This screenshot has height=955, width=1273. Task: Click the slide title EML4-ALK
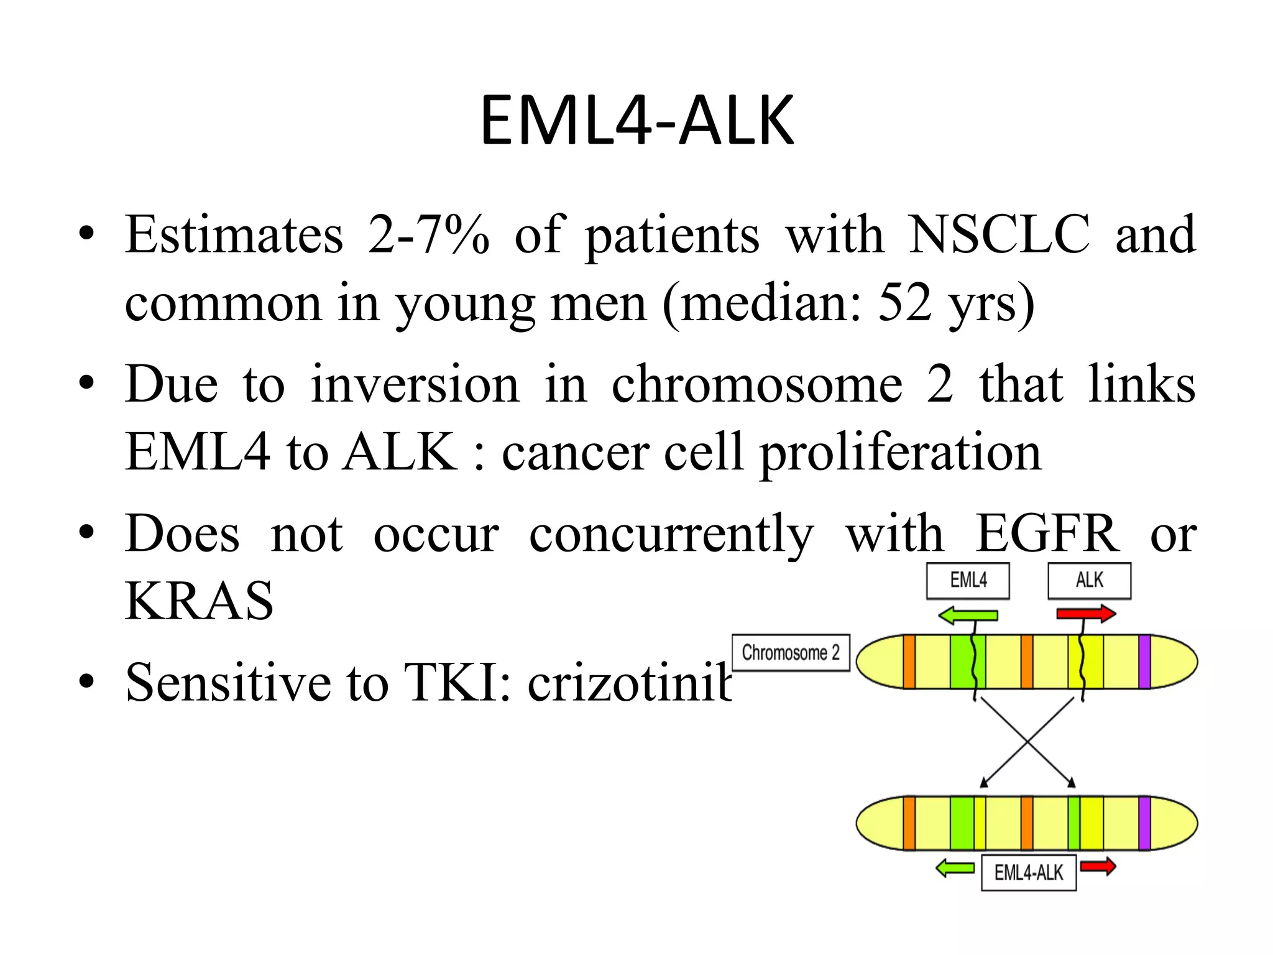[636, 121]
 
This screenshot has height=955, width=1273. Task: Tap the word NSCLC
[999, 235]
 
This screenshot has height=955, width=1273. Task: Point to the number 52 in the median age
[904, 303]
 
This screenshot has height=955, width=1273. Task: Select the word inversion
[415, 385]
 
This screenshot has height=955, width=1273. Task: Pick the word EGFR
[1047, 534]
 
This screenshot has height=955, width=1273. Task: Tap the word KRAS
[199, 601]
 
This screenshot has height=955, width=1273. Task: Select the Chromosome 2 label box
[790, 653]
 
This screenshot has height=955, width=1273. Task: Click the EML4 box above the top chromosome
[967, 581]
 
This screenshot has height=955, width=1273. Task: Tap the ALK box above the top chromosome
[1089, 581]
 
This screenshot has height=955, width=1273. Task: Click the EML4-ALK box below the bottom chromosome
[1028, 873]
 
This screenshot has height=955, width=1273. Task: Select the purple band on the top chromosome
[1144, 662]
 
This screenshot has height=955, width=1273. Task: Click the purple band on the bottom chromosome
[1144, 823]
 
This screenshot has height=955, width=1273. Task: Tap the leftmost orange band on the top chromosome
[909, 662]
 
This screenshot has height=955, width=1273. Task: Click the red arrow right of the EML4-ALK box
[1098, 867]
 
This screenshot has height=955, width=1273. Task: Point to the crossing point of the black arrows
[1027, 742]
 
